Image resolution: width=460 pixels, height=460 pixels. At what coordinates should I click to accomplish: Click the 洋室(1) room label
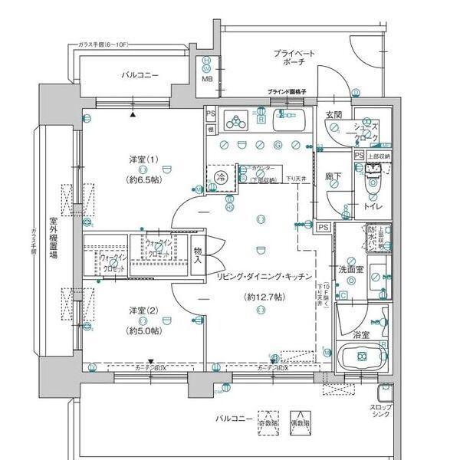click(144, 159)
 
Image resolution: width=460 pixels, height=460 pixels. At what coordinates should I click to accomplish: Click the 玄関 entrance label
click(333, 115)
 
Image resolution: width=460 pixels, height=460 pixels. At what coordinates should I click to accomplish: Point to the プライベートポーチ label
click(294, 60)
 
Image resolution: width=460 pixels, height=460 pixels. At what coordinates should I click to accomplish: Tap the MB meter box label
click(207, 79)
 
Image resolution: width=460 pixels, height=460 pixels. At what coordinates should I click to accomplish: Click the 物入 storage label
click(197, 256)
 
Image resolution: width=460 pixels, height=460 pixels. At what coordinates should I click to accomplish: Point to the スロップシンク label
click(381, 410)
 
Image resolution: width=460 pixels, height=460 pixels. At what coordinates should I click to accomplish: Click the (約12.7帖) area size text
click(261, 296)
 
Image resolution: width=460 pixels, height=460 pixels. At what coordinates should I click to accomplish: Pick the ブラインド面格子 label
click(287, 92)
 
